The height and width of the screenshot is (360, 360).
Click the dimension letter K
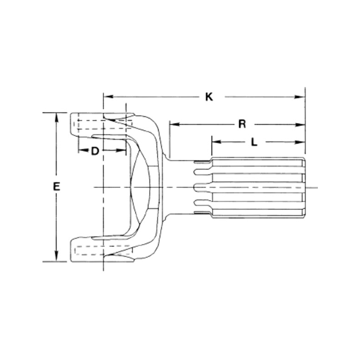209,97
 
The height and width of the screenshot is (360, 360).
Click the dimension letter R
242,125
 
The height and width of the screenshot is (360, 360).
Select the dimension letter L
254,143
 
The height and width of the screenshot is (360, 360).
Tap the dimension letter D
95,151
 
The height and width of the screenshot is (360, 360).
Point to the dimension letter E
56,187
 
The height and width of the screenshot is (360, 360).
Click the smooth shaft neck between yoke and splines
178,187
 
